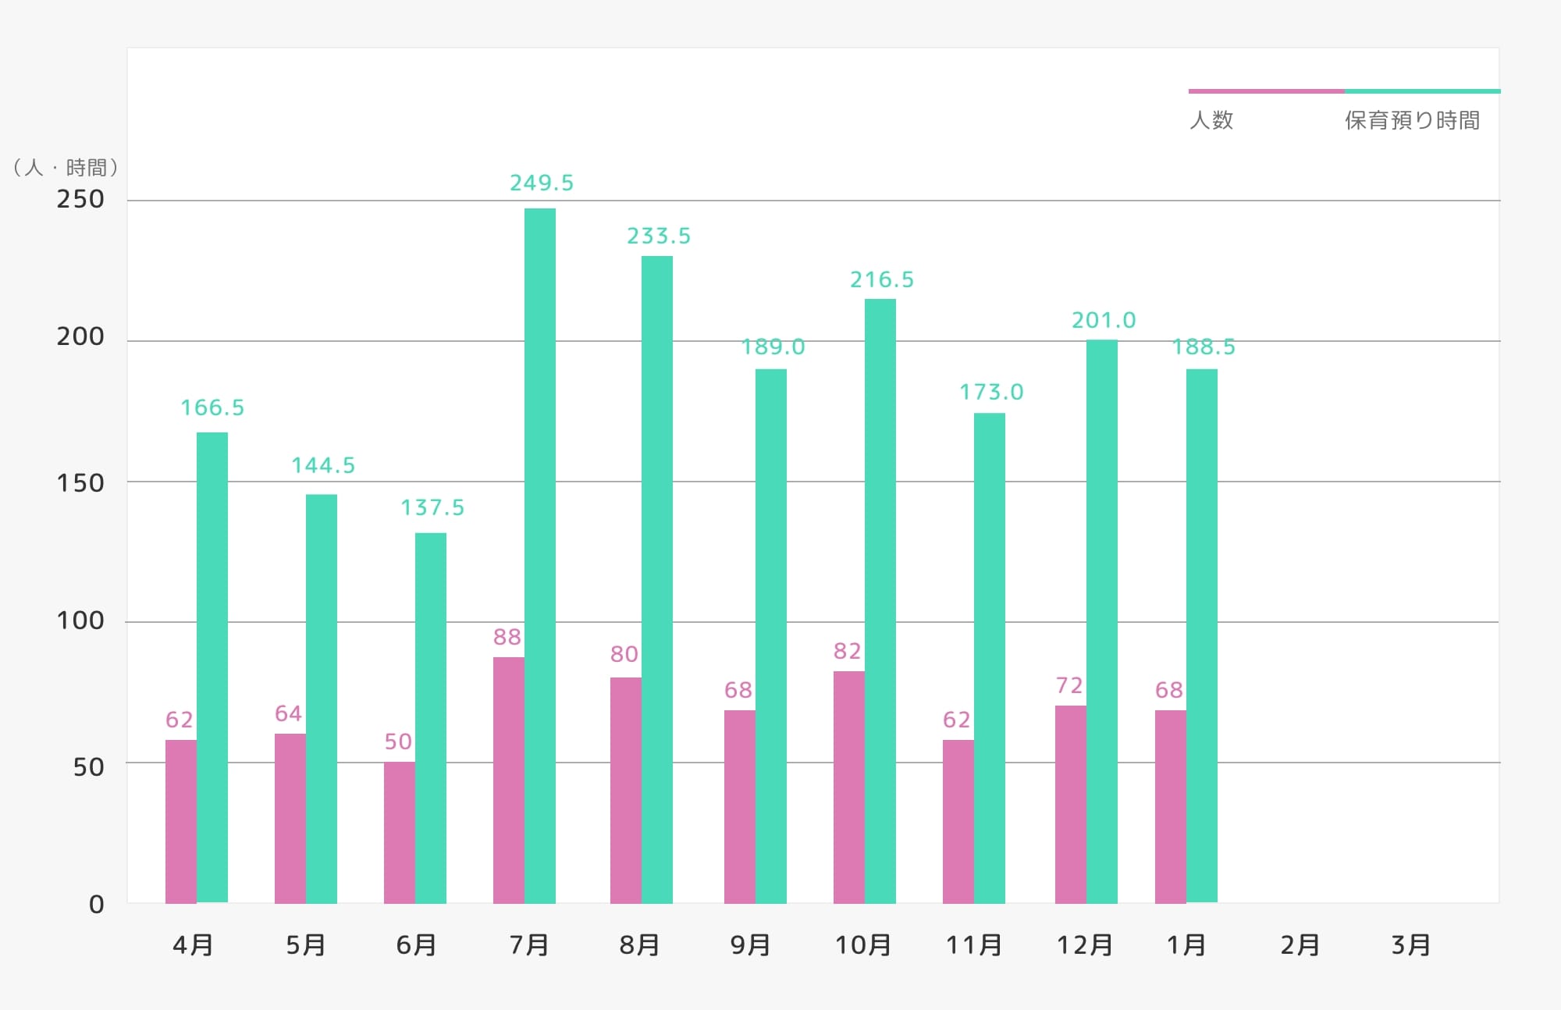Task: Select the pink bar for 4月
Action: point(181,821)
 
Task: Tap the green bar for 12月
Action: point(1102,621)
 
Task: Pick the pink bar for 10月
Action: point(849,787)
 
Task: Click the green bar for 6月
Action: point(431,718)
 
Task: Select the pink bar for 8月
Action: point(626,790)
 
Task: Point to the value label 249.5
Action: point(542,183)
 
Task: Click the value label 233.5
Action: point(659,236)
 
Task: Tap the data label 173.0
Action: point(991,392)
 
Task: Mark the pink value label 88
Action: point(507,637)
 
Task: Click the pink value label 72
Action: point(1069,685)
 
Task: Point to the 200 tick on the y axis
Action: point(80,336)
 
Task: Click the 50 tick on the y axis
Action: point(88,767)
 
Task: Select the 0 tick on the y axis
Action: point(97,905)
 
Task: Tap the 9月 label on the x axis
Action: point(750,945)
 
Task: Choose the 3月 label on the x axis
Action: point(1410,945)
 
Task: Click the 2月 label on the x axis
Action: point(1300,945)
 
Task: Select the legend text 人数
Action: point(1211,120)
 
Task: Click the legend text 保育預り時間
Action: point(1412,120)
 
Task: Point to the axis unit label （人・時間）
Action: point(66,168)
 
